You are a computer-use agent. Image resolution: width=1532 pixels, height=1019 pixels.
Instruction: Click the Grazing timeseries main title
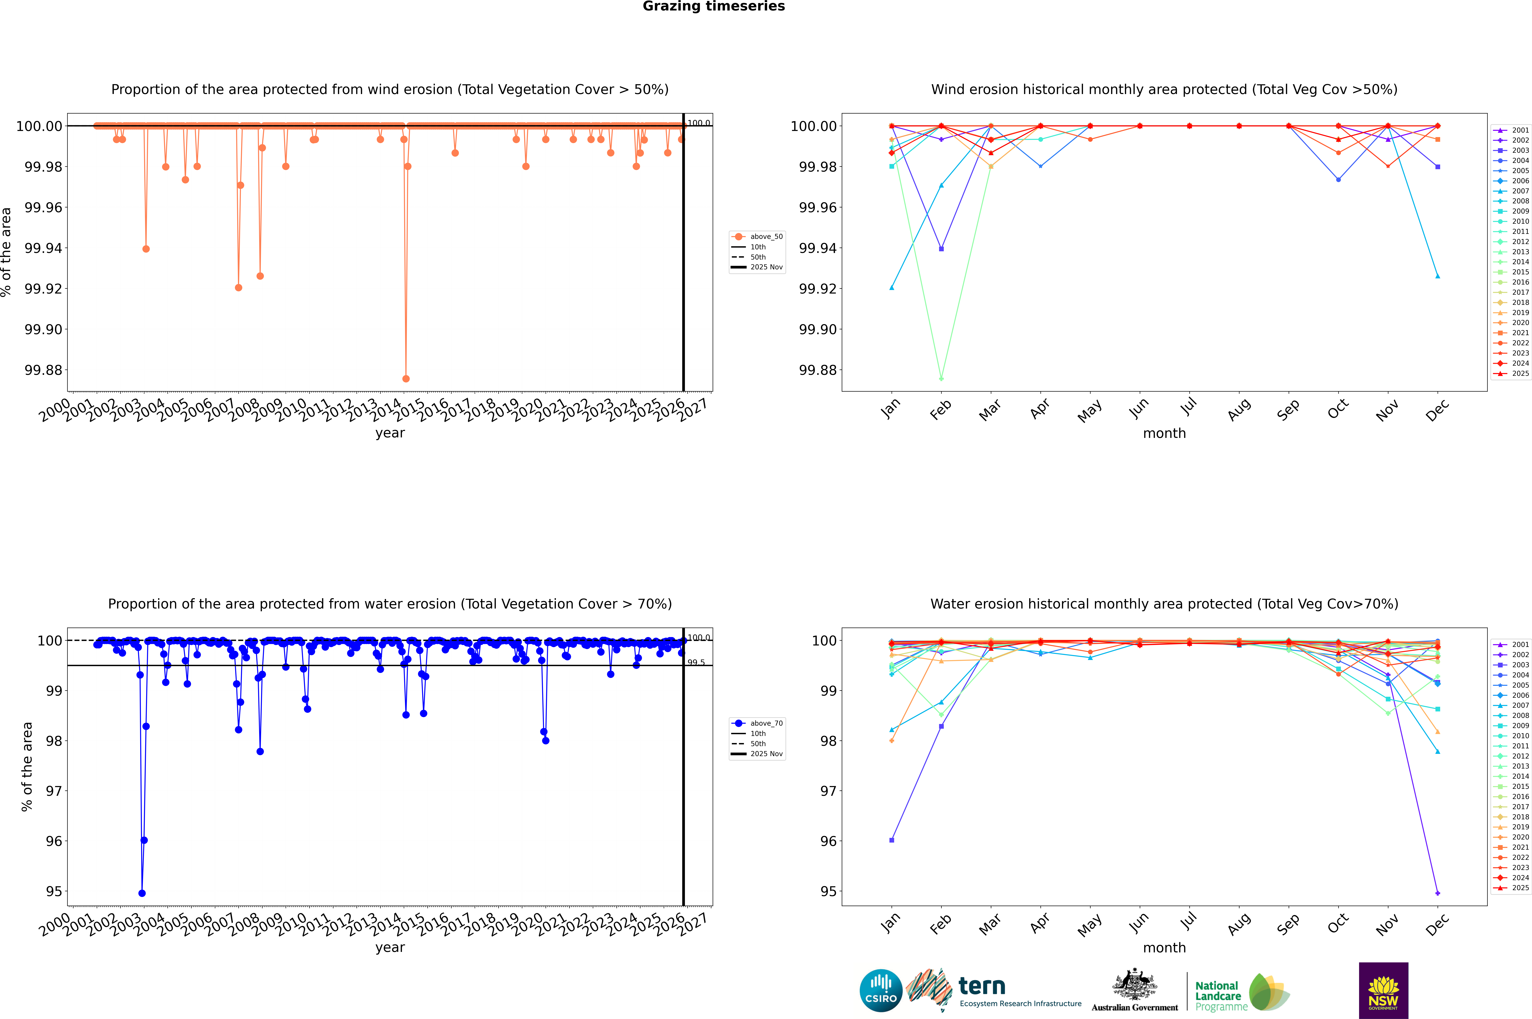point(713,6)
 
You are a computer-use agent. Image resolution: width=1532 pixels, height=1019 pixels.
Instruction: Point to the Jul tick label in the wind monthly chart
point(1188,407)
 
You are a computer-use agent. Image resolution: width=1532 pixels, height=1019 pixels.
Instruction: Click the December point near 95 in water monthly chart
point(1437,893)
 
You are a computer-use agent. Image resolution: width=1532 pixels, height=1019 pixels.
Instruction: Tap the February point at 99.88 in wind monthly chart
point(941,378)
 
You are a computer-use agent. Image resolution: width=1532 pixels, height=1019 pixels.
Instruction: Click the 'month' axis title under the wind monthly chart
point(1164,434)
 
